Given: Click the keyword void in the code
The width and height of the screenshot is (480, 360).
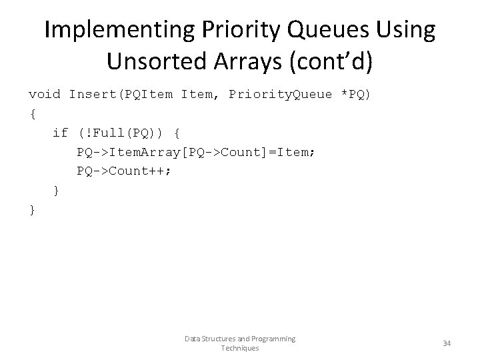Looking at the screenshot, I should (45, 95).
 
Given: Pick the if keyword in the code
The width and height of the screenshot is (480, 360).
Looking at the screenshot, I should (60, 133).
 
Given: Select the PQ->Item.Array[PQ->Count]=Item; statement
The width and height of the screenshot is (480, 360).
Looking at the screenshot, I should (196, 152).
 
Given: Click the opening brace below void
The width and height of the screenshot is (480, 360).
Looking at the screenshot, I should (33, 113).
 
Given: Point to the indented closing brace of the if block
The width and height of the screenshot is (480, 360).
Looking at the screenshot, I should (57, 190).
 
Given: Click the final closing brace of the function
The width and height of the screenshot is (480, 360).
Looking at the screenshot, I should (33, 209).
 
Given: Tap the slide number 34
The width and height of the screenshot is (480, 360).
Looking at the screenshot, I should (447, 343).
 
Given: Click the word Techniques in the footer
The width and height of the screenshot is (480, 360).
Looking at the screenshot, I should (240, 348).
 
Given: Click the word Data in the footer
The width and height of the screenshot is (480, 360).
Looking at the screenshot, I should (192, 339).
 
